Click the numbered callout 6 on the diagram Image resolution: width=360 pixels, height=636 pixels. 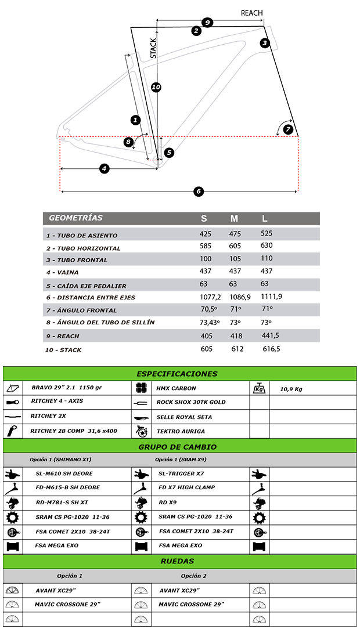coord(199,191)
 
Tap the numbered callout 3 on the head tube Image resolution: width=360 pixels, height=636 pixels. coord(265,43)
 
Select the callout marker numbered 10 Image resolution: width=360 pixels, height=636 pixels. coord(156,87)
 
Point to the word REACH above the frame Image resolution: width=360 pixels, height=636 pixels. coord(251,13)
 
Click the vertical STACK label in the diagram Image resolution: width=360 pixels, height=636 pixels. coord(153,48)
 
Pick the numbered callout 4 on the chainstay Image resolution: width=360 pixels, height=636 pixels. coord(105,168)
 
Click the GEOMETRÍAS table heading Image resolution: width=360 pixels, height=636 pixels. coord(75,218)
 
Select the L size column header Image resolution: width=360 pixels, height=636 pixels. coord(265,219)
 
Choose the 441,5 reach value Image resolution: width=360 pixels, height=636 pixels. coord(270,335)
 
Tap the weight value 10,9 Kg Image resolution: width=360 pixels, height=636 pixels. coord(291,389)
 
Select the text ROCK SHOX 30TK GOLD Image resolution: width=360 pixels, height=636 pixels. coord(191,402)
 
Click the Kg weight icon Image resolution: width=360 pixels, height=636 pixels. coord(259,388)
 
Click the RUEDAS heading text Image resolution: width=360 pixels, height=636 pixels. coord(177,561)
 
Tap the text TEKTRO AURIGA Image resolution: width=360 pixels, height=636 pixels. coord(181,431)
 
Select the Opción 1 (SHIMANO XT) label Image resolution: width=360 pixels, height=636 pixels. coord(60,460)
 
